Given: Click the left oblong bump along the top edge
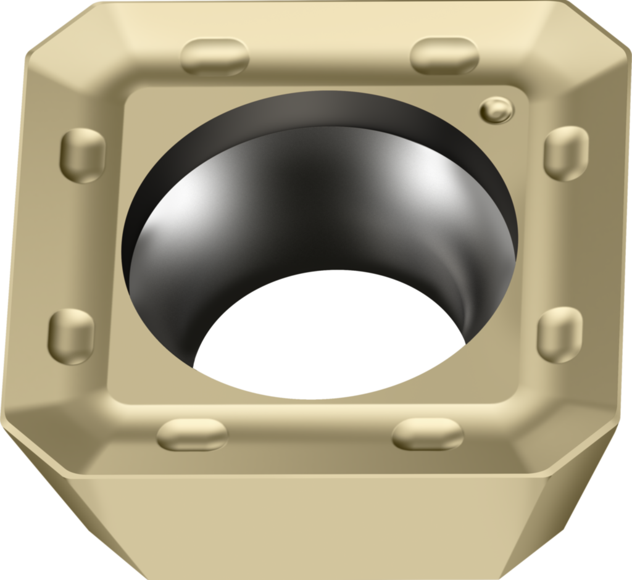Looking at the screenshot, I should pyautogui.click(x=215, y=57).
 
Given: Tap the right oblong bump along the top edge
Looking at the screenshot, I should pyautogui.click(x=444, y=56).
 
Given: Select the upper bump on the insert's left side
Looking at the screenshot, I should pyautogui.click(x=83, y=155).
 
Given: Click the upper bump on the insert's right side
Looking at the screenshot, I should pyautogui.click(x=565, y=153).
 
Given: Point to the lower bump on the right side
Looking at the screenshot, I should pyautogui.click(x=560, y=334).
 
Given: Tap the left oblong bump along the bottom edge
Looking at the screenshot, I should pyautogui.click(x=192, y=434).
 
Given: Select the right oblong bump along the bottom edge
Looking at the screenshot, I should pyautogui.click(x=428, y=434).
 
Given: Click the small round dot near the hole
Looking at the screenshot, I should pyautogui.click(x=496, y=109).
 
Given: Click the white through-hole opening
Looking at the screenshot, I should pyautogui.click(x=330, y=336).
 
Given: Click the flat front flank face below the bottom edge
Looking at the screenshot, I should pyautogui.click(x=309, y=531).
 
